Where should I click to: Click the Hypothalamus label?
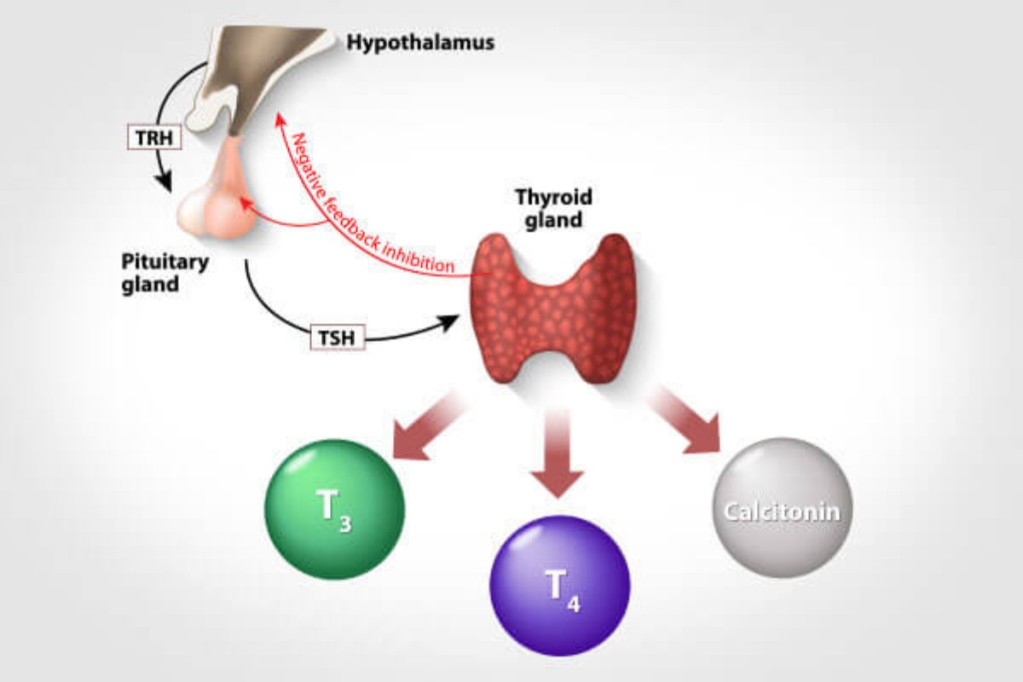click(420, 43)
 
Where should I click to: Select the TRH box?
click(154, 137)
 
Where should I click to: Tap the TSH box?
click(338, 338)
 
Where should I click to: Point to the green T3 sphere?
click(335, 509)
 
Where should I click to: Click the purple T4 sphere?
click(560, 586)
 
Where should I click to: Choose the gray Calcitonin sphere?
click(783, 507)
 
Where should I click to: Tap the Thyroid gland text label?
click(554, 208)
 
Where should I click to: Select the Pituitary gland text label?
click(165, 273)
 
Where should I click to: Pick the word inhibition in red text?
click(419, 258)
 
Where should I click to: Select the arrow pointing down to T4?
click(558, 452)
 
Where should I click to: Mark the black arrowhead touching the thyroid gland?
click(448, 322)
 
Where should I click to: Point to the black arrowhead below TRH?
click(164, 182)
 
